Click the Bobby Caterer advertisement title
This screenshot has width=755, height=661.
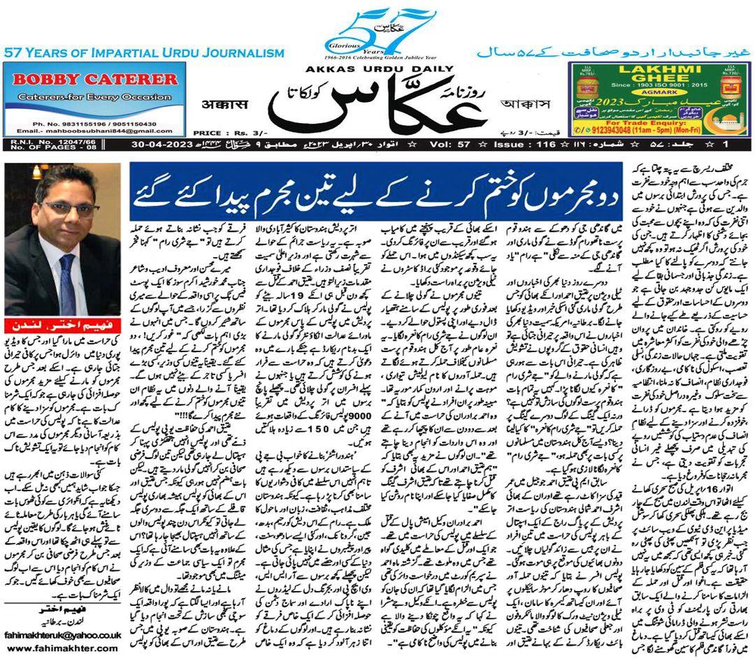coord(95,78)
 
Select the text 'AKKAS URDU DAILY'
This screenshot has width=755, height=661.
coord(378,68)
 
